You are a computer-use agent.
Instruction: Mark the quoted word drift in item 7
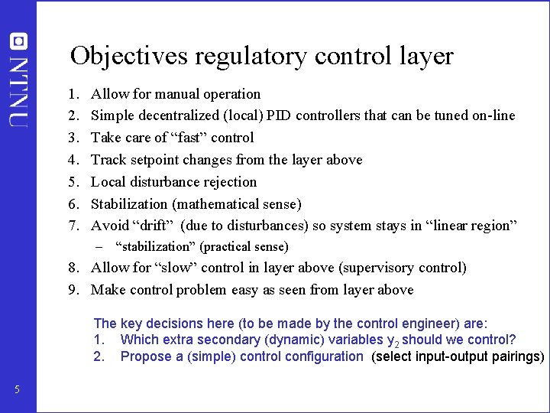pyautogui.click(x=155, y=226)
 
